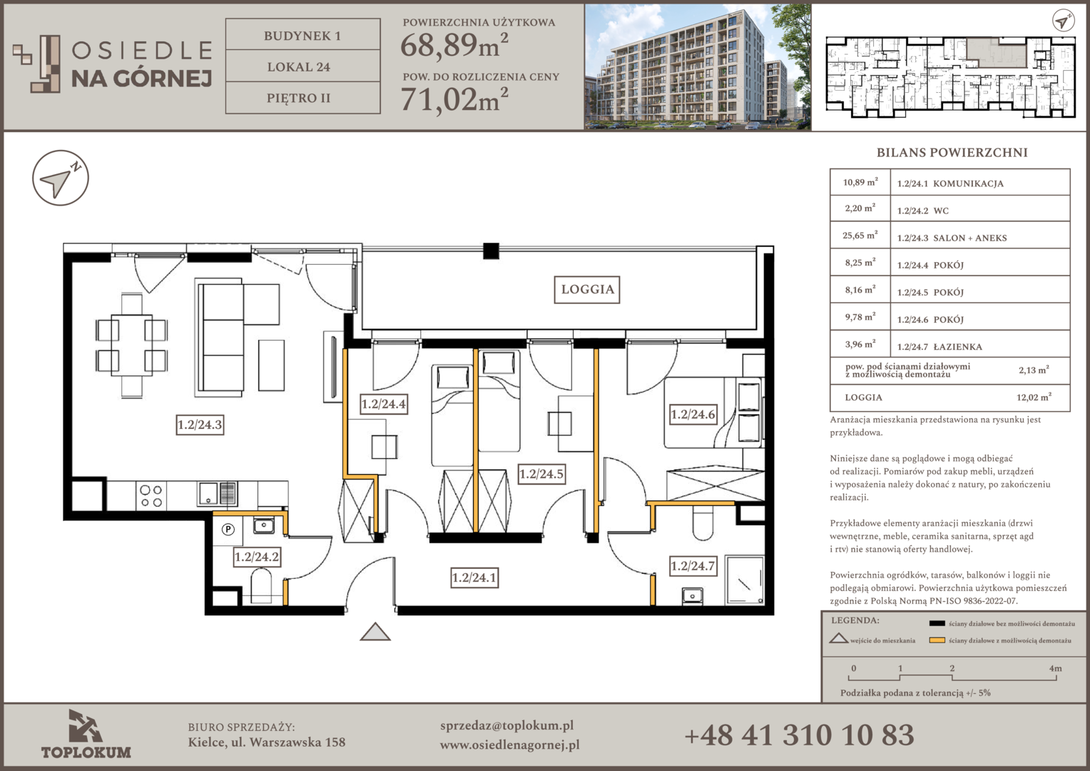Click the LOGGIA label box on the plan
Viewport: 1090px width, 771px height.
pyautogui.click(x=587, y=290)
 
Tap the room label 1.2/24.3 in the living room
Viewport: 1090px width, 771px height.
pyautogui.click(x=200, y=425)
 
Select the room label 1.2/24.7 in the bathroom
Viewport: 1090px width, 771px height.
pyautogui.click(x=693, y=566)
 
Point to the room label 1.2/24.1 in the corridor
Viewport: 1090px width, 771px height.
pyautogui.click(x=474, y=578)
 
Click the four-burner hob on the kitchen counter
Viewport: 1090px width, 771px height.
pyautogui.click(x=151, y=495)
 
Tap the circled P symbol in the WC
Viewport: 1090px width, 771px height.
pyautogui.click(x=228, y=530)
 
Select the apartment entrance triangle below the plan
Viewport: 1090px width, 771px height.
pyautogui.click(x=375, y=632)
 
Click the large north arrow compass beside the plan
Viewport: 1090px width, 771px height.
pyautogui.click(x=61, y=178)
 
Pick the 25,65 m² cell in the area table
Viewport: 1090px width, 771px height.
pyautogui.click(x=860, y=236)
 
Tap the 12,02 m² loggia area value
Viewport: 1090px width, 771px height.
pyautogui.click(x=1034, y=397)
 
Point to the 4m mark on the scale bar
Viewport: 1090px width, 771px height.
pyautogui.click(x=1055, y=668)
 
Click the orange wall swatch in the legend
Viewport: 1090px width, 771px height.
pyautogui.click(x=937, y=640)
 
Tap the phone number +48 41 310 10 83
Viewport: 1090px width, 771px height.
pyautogui.click(x=799, y=735)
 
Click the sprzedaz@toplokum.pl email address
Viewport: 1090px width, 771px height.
pyautogui.click(x=506, y=726)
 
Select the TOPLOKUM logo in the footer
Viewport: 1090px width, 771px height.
pyautogui.click(x=86, y=734)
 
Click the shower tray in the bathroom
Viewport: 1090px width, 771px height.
pyautogui.click(x=744, y=580)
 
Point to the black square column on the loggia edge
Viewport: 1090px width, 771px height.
pyautogui.click(x=491, y=251)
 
